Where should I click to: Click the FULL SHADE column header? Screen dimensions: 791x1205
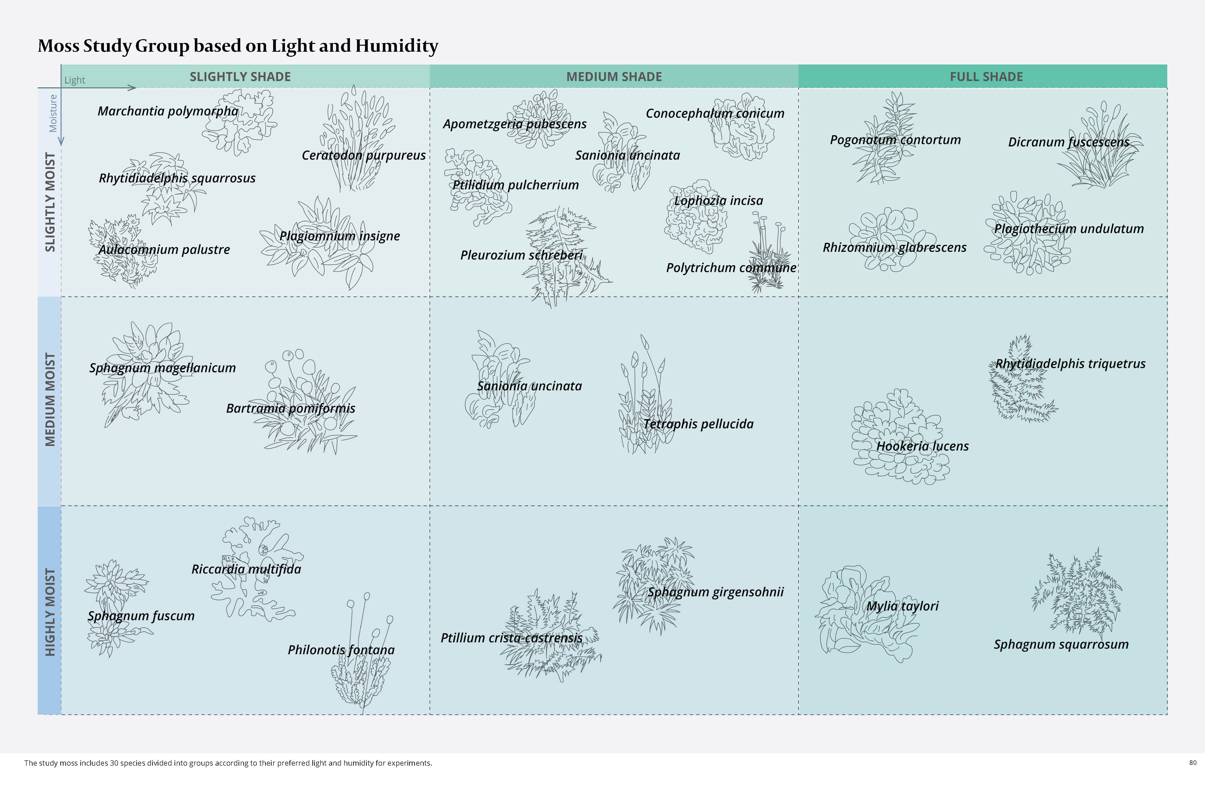(986, 77)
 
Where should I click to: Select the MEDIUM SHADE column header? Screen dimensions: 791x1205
(614, 77)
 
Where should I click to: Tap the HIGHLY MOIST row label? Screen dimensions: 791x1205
(50, 612)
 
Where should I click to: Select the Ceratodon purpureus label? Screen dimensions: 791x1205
(364, 155)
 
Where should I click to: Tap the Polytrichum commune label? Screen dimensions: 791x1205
(731, 268)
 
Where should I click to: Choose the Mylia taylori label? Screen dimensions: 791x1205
(902, 606)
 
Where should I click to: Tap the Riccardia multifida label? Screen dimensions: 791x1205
(246, 569)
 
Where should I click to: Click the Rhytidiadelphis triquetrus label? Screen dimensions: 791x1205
(1070, 364)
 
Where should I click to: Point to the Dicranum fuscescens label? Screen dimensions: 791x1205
(1068, 142)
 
